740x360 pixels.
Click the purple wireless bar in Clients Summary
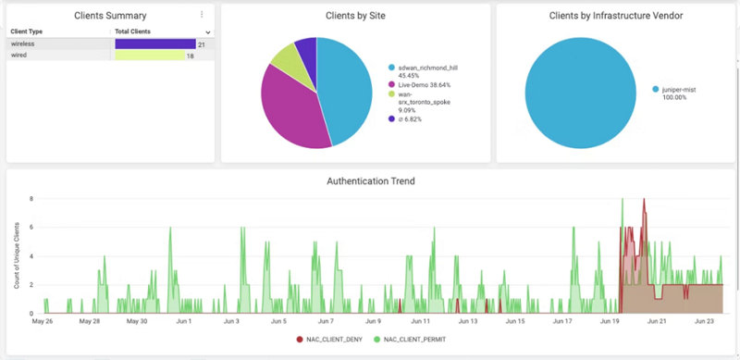click(154, 43)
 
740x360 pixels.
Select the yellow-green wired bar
click(149, 56)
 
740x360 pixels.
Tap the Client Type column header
click(27, 31)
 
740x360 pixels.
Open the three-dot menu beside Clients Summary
click(202, 15)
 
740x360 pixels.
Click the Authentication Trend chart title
click(370, 181)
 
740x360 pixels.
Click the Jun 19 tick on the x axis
click(610, 322)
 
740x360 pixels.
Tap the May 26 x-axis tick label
click(43, 322)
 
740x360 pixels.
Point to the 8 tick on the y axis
click(31, 198)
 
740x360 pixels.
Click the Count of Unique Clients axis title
click(17, 254)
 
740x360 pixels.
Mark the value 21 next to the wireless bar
click(202, 43)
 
